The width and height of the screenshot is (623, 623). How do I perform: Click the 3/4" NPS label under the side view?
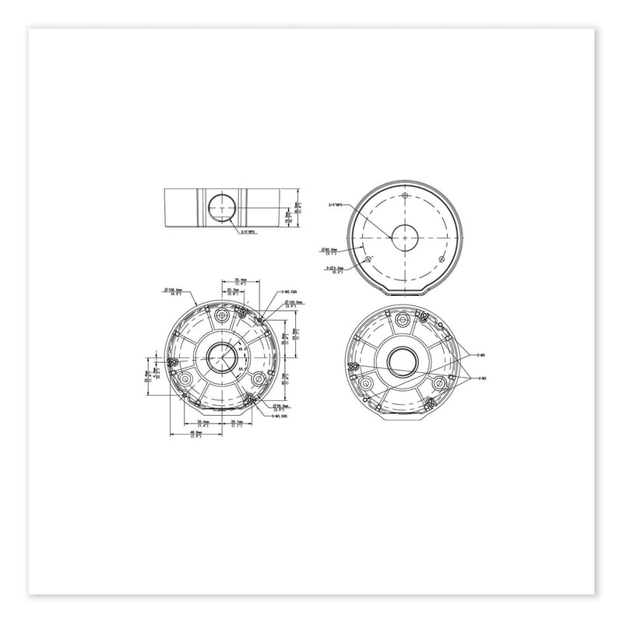(248, 231)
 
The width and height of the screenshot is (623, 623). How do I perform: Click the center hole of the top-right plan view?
(407, 238)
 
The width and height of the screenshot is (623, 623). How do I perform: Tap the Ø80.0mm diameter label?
(330, 251)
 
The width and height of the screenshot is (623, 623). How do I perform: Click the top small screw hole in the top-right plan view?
(407, 196)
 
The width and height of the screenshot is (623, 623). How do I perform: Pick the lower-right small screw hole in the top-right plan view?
(442, 258)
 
